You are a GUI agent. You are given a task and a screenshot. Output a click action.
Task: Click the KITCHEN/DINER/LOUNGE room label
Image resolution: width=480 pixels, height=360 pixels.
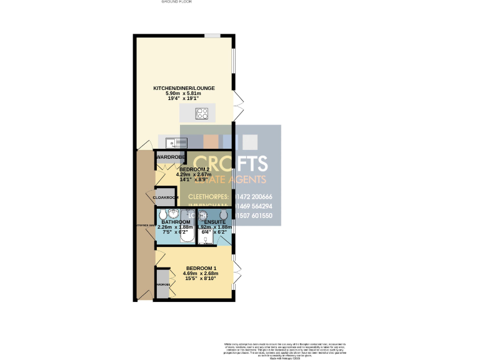click(184, 88)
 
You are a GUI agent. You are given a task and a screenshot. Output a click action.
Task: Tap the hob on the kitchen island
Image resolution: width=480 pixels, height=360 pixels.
click(202, 113)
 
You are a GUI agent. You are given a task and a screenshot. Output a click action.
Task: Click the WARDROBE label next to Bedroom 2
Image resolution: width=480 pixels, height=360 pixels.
click(168, 156)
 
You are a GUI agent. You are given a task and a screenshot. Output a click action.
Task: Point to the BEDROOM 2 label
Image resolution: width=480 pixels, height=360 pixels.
click(195, 169)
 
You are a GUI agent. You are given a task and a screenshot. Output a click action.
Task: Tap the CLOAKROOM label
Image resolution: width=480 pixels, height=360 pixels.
click(166, 197)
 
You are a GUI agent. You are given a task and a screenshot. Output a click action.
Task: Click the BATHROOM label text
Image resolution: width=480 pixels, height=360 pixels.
click(175, 222)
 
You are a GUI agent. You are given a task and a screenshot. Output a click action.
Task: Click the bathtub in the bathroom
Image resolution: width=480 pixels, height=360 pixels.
click(175, 239)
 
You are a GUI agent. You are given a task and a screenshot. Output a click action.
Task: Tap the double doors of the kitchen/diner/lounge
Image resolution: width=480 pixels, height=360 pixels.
click(237, 106)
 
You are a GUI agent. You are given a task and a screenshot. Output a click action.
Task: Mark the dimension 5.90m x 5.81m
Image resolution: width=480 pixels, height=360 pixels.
click(184, 93)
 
